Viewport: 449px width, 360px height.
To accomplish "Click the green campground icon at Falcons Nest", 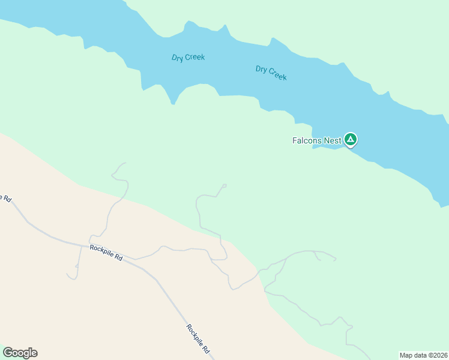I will pos(351,140).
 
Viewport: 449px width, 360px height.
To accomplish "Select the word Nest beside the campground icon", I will pos(333,141).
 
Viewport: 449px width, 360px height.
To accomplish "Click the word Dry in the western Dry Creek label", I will pos(177,58).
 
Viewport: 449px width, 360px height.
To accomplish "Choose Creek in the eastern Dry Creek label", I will pos(277,75).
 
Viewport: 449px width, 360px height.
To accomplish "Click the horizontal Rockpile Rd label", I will pos(106,252).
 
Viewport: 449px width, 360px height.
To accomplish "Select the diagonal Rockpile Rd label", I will pos(197,338).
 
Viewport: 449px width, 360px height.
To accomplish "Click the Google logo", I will pos(20,353).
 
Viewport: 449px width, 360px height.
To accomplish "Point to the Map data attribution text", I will pos(423,355).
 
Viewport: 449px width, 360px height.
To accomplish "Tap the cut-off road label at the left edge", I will pos(5,198).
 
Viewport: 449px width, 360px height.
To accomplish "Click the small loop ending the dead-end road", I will pos(224,185).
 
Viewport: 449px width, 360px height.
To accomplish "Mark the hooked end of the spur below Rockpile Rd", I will pos(71,277).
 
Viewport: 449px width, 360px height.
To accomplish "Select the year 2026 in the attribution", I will pos(440,355).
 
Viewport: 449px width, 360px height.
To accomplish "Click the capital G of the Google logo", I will pos(8,353).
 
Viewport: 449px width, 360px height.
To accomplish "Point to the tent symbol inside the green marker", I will pos(351,140).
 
